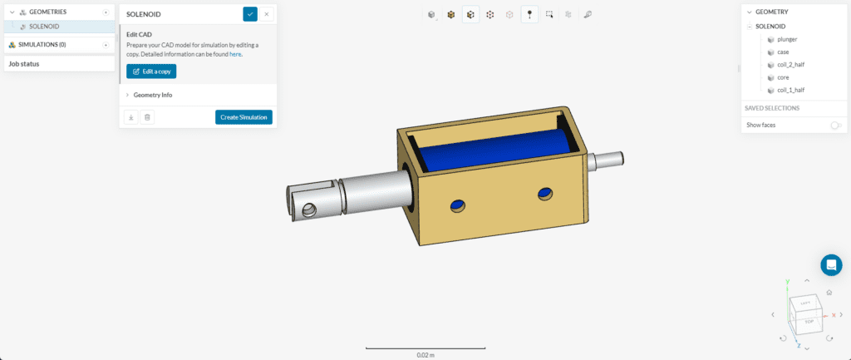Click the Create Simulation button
pyautogui.click(x=243, y=117)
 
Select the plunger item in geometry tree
pyautogui.click(x=787, y=39)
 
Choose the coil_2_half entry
pyautogui.click(x=790, y=65)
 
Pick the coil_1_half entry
pyautogui.click(x=790, y=90)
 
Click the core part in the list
pyautogui.click(x=783, y=77)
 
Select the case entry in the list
pyautogui.click(x=783, y=52)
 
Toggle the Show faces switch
pyautogui.click(x=835, y=125)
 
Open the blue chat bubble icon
pyautogui.click(x=831, y=265)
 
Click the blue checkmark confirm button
pyautogui.click(x=250, y=14)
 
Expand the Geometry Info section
pyautogui.click(x=153, y=95)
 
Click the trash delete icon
pyautogui.click(x=147, y=117)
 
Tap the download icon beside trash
pyautogui.click(x=131, y=117)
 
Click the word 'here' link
pyautogui.click(x=235, y=54)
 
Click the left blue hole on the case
pyautogui.click(x=456, y=205)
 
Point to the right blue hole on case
pyautogui.click(x=544, y=193)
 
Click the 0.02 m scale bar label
pyautogui.click(x=426, y=355)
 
